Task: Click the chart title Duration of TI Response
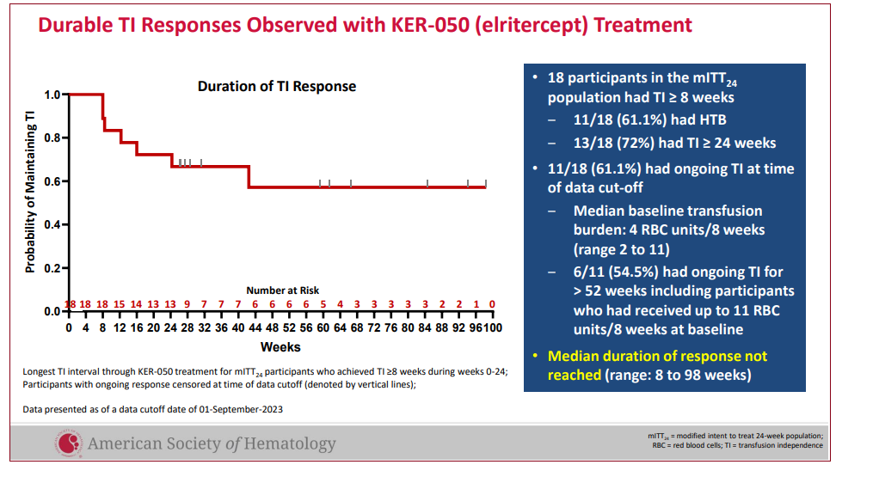pos(276,86)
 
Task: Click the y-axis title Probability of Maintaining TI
pos(30,193)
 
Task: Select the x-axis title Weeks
pos(280,347)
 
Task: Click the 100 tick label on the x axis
pos(492,327)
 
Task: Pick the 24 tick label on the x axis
pos(169,327)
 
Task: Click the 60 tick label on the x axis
pos(322,327)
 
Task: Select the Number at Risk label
pos(282,290)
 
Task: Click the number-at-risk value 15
pos(120,304)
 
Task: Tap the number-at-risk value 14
pos(136,304)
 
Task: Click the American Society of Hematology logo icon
pos(69,443)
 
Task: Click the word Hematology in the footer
pos(292,443)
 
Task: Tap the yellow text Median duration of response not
pos(657,356)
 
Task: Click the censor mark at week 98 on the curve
pos(485,183)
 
